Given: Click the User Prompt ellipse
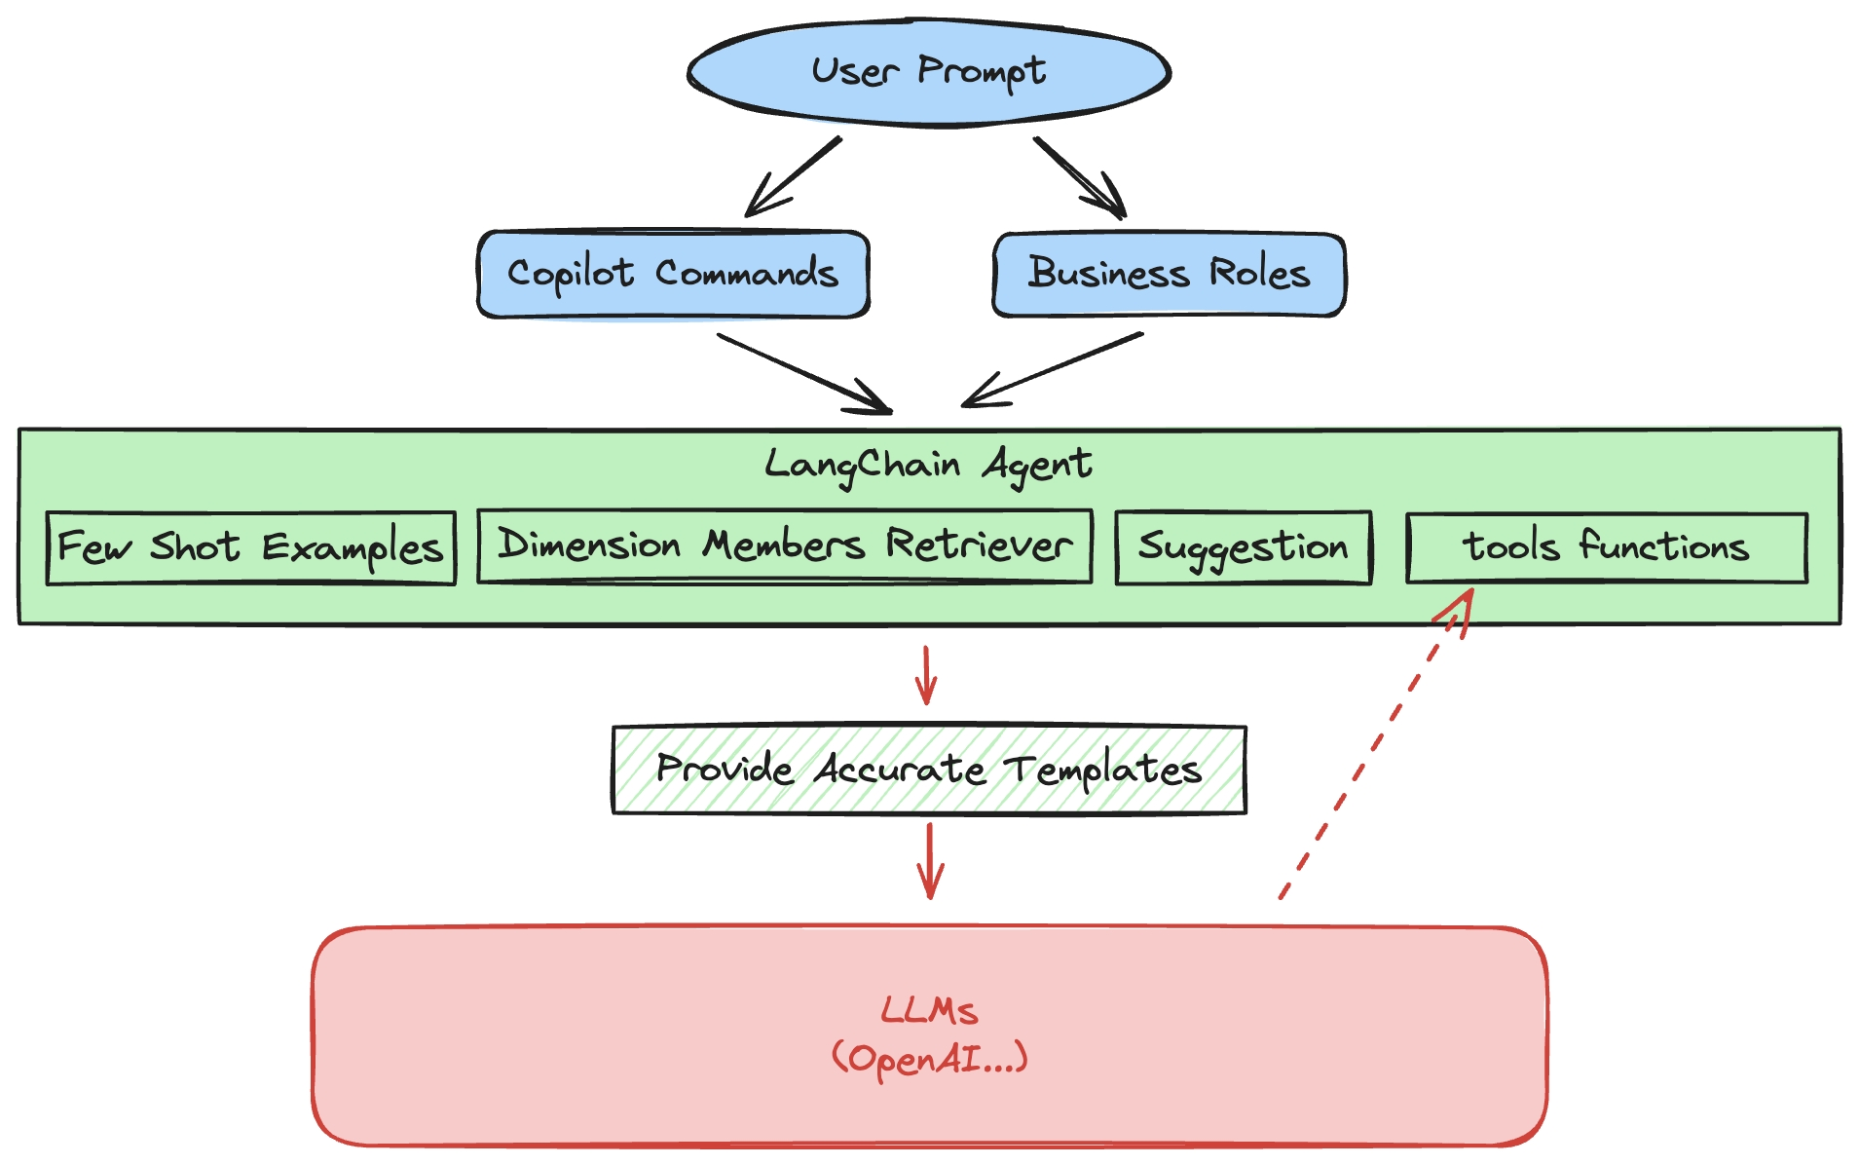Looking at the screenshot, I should click(x=928, y=72).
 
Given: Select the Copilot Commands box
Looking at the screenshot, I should click(x=673, y=274).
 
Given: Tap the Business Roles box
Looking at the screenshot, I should click(x=1169, y=274).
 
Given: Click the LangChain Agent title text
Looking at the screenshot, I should click(x=928, y=465).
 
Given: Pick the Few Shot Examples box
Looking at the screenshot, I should click(x=250, y=547).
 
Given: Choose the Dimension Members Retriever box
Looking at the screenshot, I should click(x=784, y=545).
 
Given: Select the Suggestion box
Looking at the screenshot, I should click(x=1243, y=547).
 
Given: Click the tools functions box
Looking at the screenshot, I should click(x=1606, y=547).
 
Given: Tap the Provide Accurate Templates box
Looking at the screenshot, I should click(x=928, y=770).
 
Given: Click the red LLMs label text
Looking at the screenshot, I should click(x=929, y=1010).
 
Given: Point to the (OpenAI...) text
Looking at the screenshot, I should click(x=929, y=1058).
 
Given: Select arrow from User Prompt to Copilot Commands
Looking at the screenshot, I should click(x=793, y=177).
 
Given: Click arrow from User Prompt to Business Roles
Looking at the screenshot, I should click(x=1079, y=178).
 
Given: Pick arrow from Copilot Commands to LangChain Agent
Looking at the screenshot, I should click(x=803, y=373).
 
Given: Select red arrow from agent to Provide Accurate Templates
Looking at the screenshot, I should click(x=926, y=674).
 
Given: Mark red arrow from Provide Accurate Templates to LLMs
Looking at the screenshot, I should click(x=930, y=860).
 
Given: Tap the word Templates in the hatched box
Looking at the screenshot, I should click(x=1103, y=770).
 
